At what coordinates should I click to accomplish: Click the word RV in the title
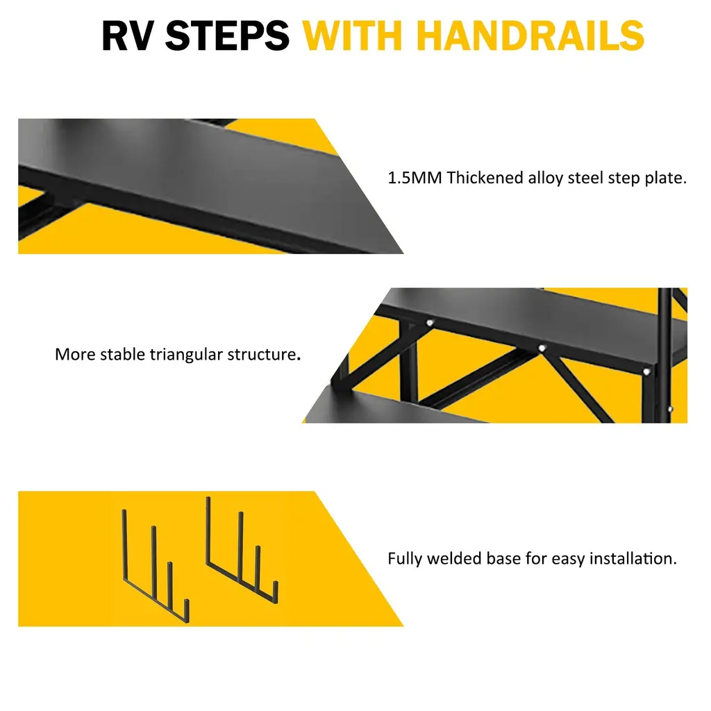point(128,35)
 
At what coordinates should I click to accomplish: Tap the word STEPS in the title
point(227,35)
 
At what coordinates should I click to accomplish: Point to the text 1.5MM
point(415,178)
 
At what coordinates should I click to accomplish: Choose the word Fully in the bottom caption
point(405,559)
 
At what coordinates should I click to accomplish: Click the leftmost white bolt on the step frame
point(429,323)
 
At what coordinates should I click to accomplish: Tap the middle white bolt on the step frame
point(542,349)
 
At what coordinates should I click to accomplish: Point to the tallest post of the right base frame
point(208,530)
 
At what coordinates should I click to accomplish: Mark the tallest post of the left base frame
point(124,544)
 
